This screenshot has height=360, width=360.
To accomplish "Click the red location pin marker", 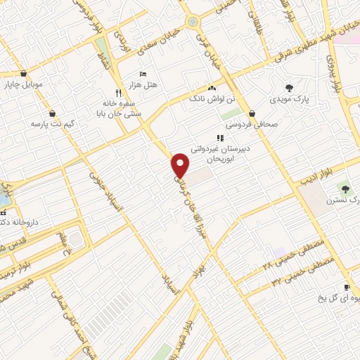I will point(181,165).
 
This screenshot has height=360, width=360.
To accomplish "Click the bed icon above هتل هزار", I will point(143,74).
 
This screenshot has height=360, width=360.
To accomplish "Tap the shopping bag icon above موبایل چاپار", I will point(24,74).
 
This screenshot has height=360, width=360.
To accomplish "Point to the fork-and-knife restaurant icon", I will point(118,92).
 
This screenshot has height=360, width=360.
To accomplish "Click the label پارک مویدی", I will point(290,100).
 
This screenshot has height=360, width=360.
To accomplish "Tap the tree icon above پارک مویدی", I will point(289,88).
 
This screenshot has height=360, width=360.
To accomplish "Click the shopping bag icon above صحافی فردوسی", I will point(252,113).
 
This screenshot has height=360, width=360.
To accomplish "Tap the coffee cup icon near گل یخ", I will point(347,287).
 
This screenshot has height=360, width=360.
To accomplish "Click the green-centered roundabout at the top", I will point(192,23).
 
